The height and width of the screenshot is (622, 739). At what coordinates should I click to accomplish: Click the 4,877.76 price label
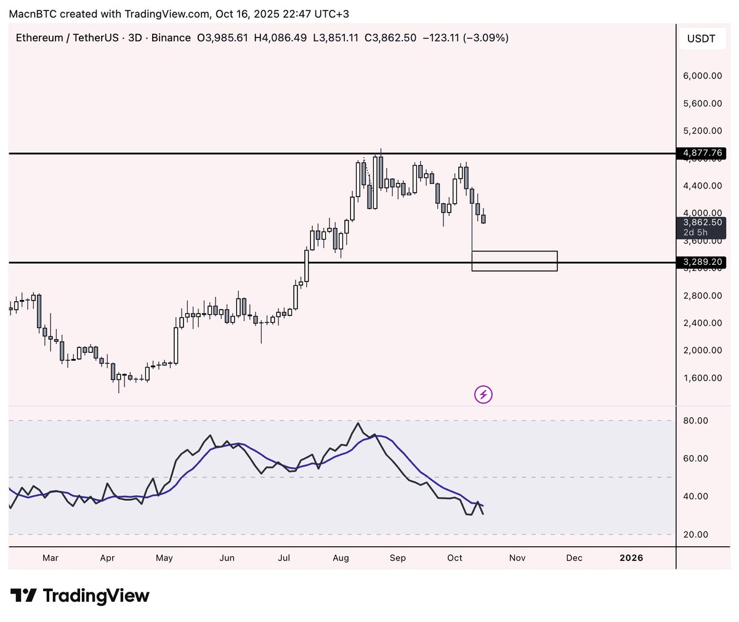(702, 153)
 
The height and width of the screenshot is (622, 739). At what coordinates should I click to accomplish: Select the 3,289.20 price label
(702, 262)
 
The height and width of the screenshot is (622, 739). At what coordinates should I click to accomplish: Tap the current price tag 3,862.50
(702, 222)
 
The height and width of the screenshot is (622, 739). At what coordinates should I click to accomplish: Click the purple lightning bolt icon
(483, 394)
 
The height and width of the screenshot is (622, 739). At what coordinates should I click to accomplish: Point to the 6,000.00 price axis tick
(703, 76)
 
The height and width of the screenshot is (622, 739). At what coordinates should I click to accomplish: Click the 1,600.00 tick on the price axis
(703, 378)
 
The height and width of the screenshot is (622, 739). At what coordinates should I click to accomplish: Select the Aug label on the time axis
(341, 558)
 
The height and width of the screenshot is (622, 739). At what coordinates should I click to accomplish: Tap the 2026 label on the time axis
(631, 558)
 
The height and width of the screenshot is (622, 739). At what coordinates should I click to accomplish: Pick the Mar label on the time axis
(50, 558)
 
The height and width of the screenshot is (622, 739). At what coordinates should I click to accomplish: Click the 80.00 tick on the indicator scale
(695, 421)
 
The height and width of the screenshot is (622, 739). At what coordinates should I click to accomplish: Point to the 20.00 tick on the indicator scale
(695, 535)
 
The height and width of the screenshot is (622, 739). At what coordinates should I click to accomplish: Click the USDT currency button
(701, 39)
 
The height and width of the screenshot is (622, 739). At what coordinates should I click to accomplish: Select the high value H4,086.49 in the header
(280, 38)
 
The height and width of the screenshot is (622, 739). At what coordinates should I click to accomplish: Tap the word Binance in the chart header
(171, 38)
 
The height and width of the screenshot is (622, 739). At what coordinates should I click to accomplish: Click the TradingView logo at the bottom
(80, 596)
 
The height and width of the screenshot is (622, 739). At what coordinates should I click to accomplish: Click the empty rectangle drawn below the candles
(514, 261)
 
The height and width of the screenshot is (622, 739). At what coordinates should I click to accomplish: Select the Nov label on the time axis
(517, 558)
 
